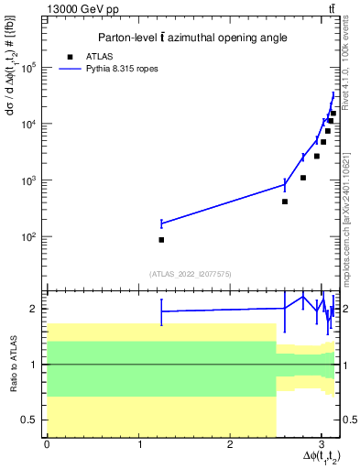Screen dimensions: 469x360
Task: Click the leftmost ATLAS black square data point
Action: [161, 240]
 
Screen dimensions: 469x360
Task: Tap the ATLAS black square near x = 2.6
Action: [285, 202]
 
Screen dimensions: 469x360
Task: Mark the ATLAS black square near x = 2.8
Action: [303, 178]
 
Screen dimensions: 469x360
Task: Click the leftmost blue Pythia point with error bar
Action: [161, 223]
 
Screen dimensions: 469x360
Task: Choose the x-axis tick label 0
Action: [47, 444]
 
